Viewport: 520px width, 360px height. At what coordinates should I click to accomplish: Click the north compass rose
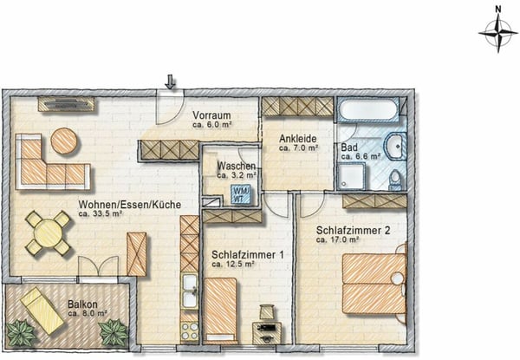coord(498,33)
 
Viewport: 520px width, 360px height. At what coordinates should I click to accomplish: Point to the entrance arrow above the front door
coord(170,82)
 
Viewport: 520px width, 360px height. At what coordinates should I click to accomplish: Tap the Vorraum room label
coord(211,115)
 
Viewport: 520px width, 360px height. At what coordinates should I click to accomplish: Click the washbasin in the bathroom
coord(395,146)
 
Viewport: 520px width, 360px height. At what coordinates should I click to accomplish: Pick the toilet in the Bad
coord(395,180)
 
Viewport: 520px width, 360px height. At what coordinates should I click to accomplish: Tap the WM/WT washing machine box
coord(241,195)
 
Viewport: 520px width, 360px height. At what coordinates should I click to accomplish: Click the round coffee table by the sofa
coord(64,141)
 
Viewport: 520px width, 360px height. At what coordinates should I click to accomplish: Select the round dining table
coord(48,233)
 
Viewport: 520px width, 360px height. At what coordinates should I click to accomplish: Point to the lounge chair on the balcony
coord(42,311)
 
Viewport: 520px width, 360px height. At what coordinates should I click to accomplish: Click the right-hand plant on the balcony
coord(114,332)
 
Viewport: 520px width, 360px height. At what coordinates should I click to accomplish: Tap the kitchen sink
coord(190,291)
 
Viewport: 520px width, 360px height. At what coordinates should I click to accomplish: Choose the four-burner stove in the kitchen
coord(190,331)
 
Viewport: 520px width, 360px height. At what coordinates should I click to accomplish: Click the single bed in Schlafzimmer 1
coord(221,311)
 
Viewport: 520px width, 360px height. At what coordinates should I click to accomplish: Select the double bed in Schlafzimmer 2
coord(374,284)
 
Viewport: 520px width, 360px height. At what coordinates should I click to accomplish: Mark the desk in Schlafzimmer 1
coord(267,333)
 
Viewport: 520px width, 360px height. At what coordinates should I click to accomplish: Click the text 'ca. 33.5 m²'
coord(101,214)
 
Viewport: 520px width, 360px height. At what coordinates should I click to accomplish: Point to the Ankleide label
coord(298,139)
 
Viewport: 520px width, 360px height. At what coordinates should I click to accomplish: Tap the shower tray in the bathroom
coord(352,176)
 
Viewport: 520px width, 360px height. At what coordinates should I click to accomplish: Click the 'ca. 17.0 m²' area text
coord(338,239)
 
